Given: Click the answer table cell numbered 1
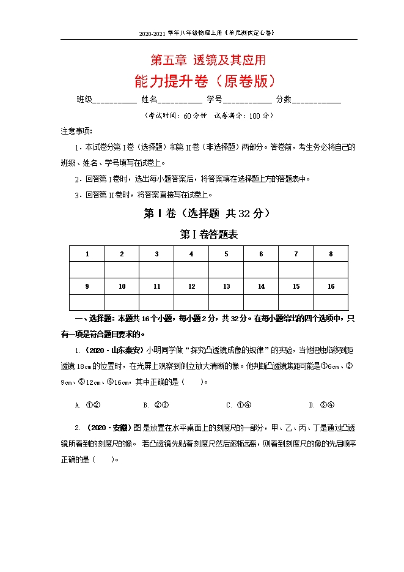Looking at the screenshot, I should click(x=87, y=254).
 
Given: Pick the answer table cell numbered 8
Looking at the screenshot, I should click(x=331, y=254).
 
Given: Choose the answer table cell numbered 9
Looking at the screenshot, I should click(x=87, y=286).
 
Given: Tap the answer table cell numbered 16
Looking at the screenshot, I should click(x=331, y=286).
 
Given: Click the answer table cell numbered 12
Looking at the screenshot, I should click(x=191, y=286).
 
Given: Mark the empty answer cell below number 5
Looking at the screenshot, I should click(x=226, y=270).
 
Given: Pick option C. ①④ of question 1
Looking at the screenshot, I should click(x=239, y=405).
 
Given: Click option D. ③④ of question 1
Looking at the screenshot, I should click(x=321, y=405).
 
